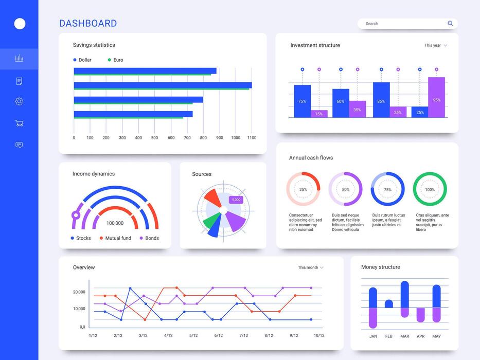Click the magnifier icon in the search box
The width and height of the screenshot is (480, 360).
pos(450,24)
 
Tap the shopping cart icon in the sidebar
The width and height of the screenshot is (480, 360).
pos(19,123)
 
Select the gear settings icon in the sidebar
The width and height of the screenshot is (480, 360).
pos(19,101)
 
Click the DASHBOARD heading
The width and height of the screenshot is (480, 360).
pos(88,23)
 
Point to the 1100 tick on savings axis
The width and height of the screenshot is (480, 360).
pos(252,138)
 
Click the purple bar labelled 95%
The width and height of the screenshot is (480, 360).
pos(436,97)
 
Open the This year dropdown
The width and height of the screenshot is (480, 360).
pos(435,45)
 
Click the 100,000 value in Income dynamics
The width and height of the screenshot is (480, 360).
pos(115,223)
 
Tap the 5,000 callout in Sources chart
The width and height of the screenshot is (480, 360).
pos(236,200)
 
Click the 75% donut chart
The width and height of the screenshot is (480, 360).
pos(387,189)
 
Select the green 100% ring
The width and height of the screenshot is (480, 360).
pos(430,189)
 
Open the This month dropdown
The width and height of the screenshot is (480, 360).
pos(310,267)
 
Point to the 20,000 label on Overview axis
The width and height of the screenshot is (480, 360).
pos(79,292)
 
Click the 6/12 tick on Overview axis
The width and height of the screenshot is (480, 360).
pos(219,336)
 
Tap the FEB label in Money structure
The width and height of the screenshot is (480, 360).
pos(389,336)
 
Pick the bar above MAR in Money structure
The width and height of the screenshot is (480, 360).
pos(404,299)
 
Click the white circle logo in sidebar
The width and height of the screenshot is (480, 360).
pos(20,24)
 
